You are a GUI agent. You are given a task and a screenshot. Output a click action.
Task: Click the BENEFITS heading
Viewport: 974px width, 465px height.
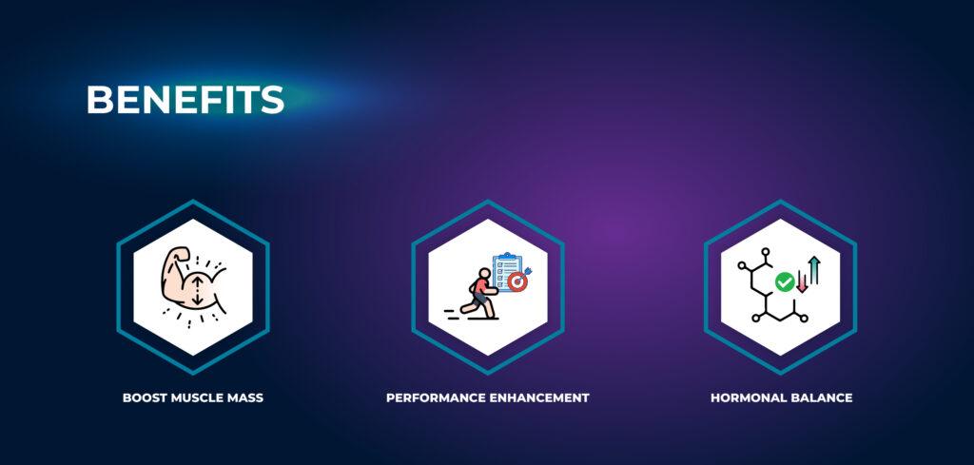[x=185, y=99]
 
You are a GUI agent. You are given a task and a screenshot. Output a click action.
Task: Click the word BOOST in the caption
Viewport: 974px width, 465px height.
[x=141, y=397]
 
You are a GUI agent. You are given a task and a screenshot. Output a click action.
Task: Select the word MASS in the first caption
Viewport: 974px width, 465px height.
[x=241, y=397]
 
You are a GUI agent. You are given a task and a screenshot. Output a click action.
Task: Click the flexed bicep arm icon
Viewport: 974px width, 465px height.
[x=192, y=280]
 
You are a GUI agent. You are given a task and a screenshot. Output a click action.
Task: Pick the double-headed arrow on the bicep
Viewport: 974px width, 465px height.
[x=197, y=290]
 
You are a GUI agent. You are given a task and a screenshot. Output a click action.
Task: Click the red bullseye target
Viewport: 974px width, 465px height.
[x=516, y=281]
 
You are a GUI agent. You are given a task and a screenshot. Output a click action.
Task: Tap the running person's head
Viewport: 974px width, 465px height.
[x=484, y=273]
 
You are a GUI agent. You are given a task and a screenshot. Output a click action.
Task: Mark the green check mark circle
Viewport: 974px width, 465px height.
[x=785, y=282]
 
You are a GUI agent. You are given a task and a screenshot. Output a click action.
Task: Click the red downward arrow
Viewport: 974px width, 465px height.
[x=802, y=282]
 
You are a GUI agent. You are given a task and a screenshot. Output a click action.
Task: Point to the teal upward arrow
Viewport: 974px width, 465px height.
[x=814, y=270]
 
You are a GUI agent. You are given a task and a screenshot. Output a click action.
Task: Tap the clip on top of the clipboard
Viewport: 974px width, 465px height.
[x=508, y=255]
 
